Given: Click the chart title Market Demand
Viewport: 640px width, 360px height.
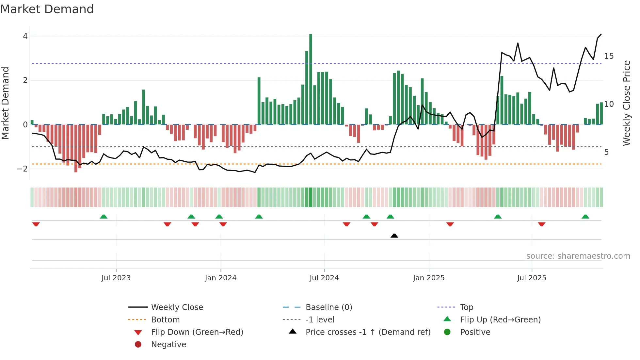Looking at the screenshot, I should [x=47, y=9].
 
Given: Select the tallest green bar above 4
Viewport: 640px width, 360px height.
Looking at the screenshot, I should [x=311, y=78].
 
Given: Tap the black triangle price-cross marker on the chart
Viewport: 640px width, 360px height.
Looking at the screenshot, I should [x=394, y=236].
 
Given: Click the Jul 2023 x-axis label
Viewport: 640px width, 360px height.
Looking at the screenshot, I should [x=116, y=278].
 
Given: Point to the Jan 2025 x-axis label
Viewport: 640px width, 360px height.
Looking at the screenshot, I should [x=429, y=278].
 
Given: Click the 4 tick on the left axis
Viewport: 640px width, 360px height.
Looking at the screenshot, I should [x=25, y=36].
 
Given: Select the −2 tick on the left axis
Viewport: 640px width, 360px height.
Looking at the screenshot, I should [x=23, y=169].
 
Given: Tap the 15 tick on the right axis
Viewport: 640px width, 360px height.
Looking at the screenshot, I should [x=609, y=56].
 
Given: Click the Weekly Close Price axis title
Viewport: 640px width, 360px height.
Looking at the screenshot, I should [x=626, y=103].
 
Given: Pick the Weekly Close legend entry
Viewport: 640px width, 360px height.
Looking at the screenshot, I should [x=177, y=307].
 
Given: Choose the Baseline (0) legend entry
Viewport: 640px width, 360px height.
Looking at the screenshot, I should [x=328, y=307].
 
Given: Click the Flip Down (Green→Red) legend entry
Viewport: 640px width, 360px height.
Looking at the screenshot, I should [x=197, y=332].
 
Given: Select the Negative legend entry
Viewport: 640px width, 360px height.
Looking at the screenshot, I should [x=168, y=345].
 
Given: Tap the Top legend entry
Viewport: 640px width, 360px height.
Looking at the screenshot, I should [x=466, y=307].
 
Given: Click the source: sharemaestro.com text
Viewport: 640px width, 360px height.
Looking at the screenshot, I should [x=578, y=256].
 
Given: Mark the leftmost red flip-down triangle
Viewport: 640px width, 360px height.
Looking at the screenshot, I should [x=36, y=224].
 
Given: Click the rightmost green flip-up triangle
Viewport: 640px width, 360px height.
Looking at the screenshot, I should [x=585, y=217].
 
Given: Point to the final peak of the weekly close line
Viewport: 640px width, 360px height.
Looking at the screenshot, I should [x=601, y=34].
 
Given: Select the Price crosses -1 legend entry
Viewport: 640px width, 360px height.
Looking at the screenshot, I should [x=368, y=332].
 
